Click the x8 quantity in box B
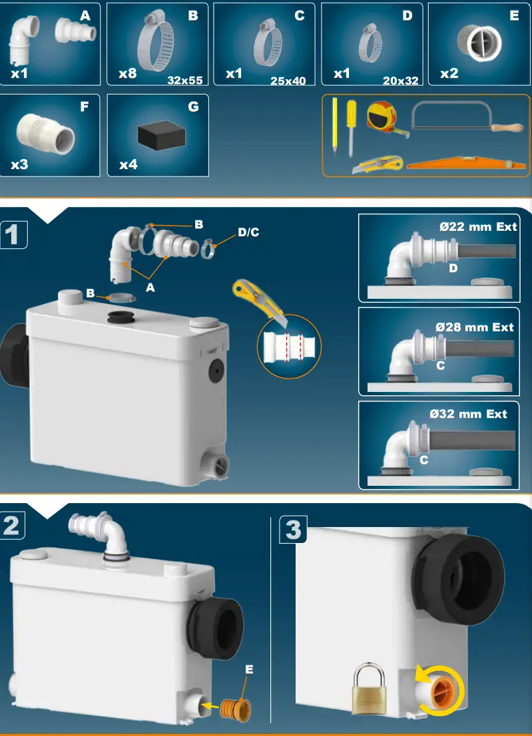coord(127,73)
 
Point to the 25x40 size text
coord(288,81)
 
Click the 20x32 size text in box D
coord(400,81)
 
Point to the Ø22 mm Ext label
coord(478,226)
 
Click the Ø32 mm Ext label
coord(468,414)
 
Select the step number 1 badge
coord(13,235)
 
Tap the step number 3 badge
coord(294,530)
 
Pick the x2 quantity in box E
coord(449,73)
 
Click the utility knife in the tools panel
coord(377,164)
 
